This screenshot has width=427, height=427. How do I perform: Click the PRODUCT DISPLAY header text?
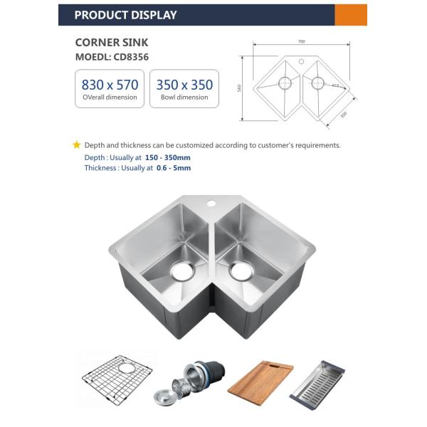pyautogui.click(x=125, y=15)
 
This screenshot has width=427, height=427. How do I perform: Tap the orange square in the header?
pyautogui.click(x=351, y=15)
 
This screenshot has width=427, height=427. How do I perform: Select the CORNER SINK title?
pyautogui.click(x=111, y=43)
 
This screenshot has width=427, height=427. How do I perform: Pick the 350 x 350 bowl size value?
pyautogui.click(x=184, y=85)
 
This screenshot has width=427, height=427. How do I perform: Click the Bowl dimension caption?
pyautogui.click(x=184, y=97)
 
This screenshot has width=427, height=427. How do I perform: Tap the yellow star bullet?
pyautogui.click(x=77, y=145)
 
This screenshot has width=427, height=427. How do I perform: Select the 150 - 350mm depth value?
pyautogui.click(x=167, y=157)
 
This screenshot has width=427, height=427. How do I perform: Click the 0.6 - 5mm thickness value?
pyautogui.click(x=173, y=168)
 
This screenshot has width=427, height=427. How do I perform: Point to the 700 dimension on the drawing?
pyautogui.click(x=301, y=42)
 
